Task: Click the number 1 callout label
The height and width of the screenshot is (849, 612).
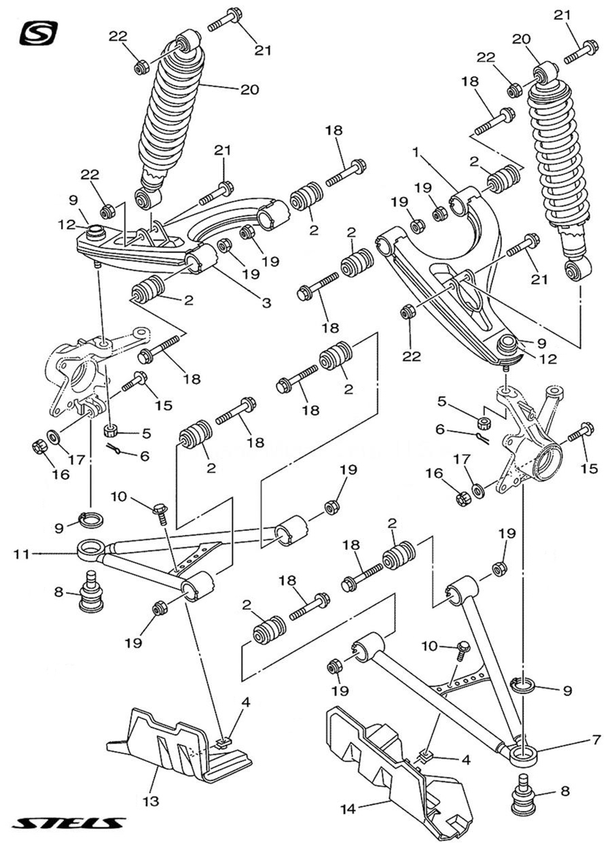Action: [415, 154]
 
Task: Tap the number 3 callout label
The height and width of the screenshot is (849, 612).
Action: [266, 302]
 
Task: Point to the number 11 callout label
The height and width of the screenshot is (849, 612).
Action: [20, 554]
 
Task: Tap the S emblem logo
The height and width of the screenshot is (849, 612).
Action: [39, 33]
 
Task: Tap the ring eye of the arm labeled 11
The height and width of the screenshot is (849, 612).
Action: [89, 548]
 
